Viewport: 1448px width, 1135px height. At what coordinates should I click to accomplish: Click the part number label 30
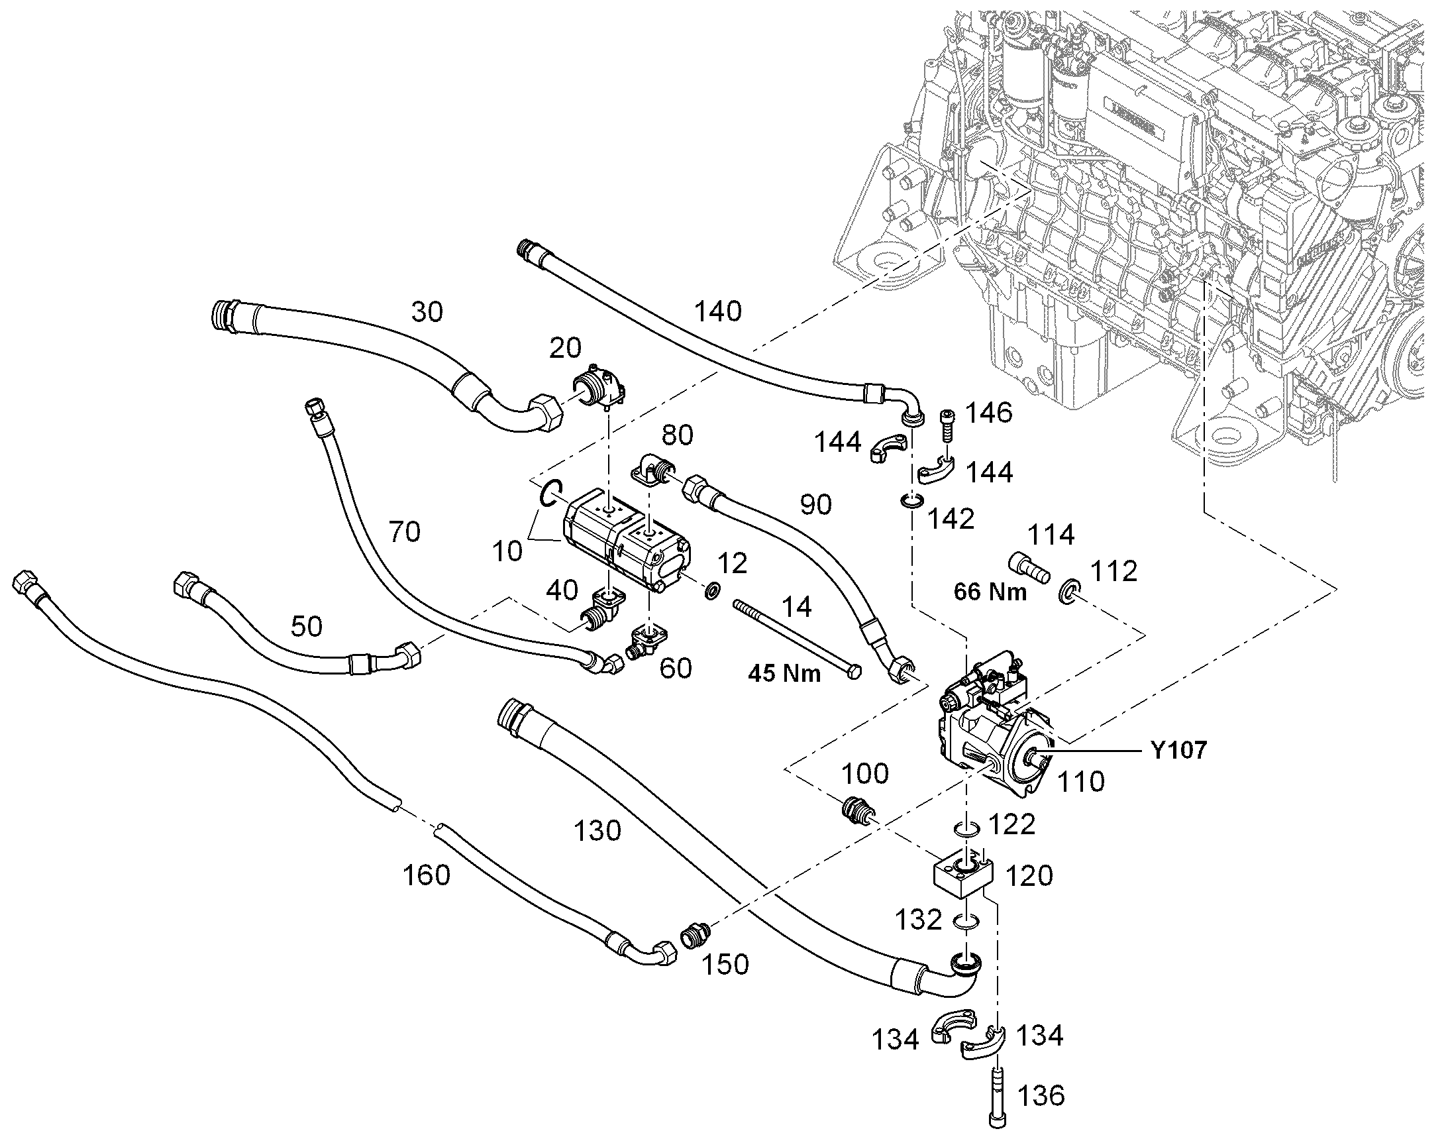[427, 311]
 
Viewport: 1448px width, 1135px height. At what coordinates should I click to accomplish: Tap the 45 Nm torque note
[784, 674]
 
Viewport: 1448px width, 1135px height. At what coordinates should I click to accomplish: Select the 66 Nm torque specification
[990, 592]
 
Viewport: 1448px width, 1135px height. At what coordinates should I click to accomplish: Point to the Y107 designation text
[1179, 750]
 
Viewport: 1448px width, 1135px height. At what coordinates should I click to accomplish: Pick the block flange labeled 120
[962, 878]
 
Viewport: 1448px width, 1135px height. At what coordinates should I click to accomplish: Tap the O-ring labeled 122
[966, 830]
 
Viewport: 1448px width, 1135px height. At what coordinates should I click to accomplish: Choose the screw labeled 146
[947, 423]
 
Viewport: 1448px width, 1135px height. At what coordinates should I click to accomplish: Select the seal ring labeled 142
[911, 501]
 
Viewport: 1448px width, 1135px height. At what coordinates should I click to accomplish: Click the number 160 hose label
[427, 875]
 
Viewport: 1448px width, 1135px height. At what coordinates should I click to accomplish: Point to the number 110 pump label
[1080, 782]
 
